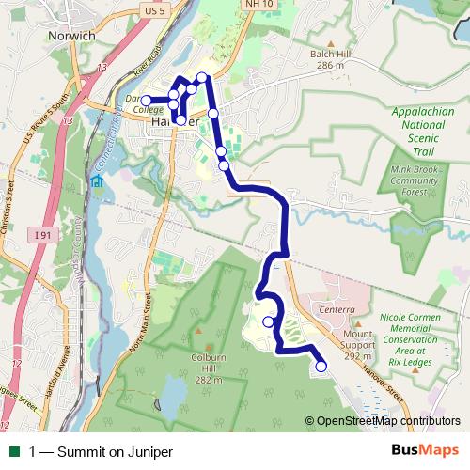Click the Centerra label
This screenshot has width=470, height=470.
click(337, 309)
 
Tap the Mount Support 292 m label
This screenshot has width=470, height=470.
click(358, 345)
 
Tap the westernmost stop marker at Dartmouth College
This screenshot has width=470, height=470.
click(146, 100)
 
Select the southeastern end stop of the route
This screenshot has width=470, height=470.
click(320, 367)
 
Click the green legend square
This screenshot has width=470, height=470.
click(14, 452)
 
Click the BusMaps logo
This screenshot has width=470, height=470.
click(422, 451)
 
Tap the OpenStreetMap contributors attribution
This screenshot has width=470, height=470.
click(383, 422)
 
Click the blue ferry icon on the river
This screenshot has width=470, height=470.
click(96, 180)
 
